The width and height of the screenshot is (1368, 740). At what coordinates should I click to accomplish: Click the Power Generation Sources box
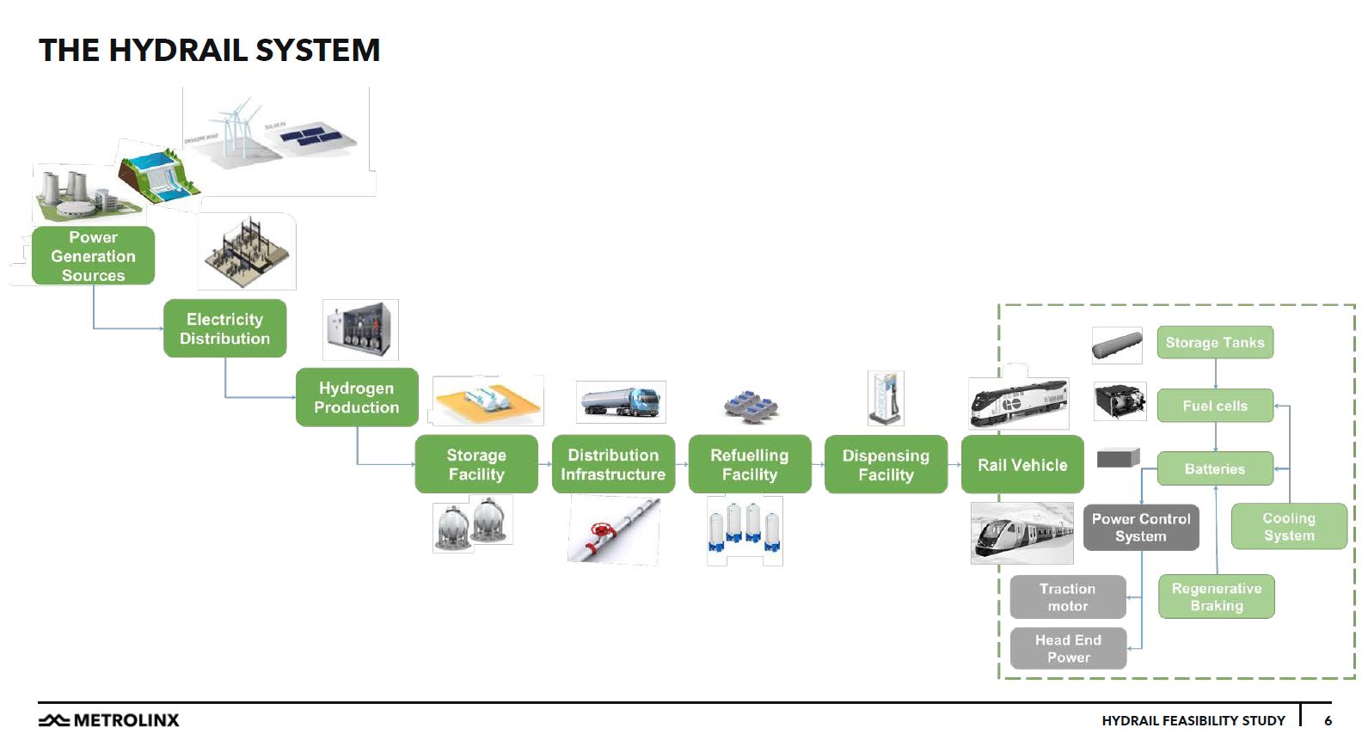(x=93, y=256)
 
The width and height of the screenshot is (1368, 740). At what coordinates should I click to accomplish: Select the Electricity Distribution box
(x=224, y=328)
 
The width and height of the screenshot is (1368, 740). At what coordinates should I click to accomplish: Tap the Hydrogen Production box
(x=356, y=397)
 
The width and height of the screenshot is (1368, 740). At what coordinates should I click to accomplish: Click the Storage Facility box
(x=475, y=464)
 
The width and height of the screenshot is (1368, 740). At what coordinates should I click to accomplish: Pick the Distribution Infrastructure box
(x=612, y=464)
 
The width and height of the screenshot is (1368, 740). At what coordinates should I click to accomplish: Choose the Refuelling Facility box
(x=749, y=464)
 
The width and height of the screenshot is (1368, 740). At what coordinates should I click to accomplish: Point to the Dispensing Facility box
(x=886, y=464)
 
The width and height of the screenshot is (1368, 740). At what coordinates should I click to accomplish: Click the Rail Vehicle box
(x=1021, y=464)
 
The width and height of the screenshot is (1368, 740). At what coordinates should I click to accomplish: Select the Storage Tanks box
(x=1214, y=342)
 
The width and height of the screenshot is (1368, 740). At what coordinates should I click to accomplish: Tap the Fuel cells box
(x=1214, y=406)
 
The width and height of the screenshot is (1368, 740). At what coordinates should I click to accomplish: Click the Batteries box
(x=1214, y=468)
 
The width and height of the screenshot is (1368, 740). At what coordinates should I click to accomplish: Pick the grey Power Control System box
(x=1140, y=527)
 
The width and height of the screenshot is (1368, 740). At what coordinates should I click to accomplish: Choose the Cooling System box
(x=1288, y=526)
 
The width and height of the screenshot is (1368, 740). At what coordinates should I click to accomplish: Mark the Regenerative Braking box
(x=1216, y=596)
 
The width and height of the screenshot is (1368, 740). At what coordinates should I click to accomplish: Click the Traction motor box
(x=1067, y=596)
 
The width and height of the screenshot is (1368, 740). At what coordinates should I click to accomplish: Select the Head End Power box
(x=1068, y=648)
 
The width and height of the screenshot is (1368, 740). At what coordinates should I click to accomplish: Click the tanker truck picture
(x=621, y=402)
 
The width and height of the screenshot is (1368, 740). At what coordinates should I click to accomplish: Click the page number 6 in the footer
(x=1328, y=720)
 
